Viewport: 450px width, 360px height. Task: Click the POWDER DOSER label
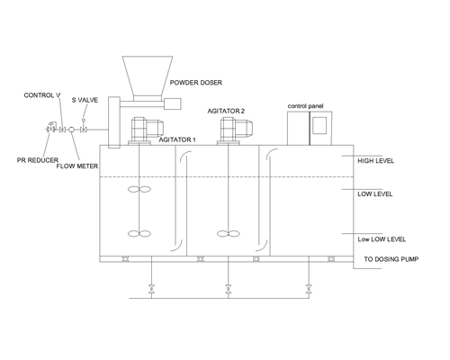click(196, 83)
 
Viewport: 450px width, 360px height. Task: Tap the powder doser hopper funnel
click(148, 76)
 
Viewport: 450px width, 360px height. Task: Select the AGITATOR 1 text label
click(177, 139)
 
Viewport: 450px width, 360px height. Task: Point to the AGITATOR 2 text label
click(226, 111)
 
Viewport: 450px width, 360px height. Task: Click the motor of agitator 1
click(147, 130)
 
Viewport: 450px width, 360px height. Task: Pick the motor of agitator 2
click(236, 130)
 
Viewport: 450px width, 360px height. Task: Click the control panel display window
click(319, 125)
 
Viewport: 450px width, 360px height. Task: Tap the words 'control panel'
click(305, 106)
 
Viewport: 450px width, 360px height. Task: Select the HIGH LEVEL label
click(375, 161)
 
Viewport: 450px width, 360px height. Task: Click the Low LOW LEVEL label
click(382, 239)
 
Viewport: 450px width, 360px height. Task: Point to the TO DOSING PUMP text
click(391, 259)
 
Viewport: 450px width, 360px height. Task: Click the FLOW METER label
click(77, 166)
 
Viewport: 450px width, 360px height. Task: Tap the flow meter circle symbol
click(72, 130)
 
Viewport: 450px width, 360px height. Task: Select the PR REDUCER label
click(38, 160)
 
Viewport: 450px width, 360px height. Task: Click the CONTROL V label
click(42, 95)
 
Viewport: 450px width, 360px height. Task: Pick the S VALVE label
click(85, 100)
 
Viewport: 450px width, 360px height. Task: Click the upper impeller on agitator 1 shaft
click(139, 189)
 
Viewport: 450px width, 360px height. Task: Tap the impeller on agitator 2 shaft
click(229, 233)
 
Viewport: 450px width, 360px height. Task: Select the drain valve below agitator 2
click(229, 289)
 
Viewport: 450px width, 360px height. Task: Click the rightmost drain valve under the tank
click(309, 289)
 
